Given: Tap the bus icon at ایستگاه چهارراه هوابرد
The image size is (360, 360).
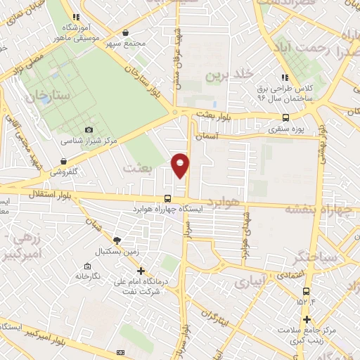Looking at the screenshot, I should [x=167, y=198].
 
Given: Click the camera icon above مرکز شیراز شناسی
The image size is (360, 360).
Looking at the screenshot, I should [x=89, y=129].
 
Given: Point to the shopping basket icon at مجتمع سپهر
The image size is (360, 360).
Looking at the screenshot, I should [x=126, y=32].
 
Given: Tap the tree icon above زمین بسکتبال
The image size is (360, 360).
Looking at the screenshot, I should [x=116, y=240].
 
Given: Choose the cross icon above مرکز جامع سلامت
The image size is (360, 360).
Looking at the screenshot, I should [x=305, y=319].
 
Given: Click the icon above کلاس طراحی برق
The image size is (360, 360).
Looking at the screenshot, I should [x=284, y=77].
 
